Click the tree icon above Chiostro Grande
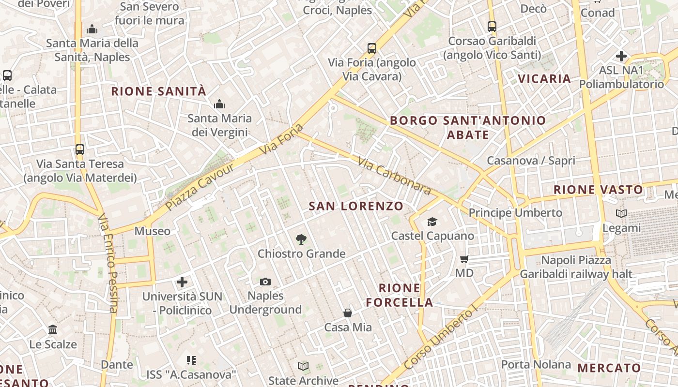point(301,239)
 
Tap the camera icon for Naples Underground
point(265,282)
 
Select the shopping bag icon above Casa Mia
point(348,313)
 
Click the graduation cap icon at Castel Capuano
point(432,222)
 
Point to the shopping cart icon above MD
point(464,259)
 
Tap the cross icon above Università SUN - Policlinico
point(182,282)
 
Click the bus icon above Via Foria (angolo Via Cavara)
point(371,48)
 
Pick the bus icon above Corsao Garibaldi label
point(492,27)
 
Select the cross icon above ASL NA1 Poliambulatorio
point(621,56)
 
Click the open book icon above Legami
point(621,213)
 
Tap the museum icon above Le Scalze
point(53,330)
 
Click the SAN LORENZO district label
point(356,206)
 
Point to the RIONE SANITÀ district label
point(159,91)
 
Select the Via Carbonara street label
point(394,175)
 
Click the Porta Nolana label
point(536,364)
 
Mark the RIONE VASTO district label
point(598,190)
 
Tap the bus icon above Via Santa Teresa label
point(80,149)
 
